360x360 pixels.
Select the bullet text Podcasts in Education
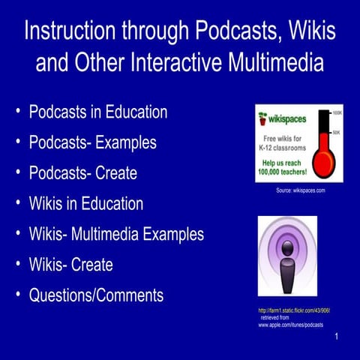(x=97, y=112)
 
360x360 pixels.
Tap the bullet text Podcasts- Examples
(x=92, y=142)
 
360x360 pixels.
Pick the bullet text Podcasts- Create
(x=82, y=173)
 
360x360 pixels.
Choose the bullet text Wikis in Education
(x=85, y=203)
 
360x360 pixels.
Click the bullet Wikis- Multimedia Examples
(x=116, y=234)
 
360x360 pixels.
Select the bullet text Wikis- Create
(x=70, y=265)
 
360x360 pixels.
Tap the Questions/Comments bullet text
(x=96, y=295)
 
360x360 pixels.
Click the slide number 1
(x=337, y=337)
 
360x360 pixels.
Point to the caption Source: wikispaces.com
(x=300, y=191)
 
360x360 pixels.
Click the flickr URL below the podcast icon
(x=293, y=310)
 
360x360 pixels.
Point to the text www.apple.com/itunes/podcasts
(x=290, y=325)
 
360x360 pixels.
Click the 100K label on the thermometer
(x=337, y=113)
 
